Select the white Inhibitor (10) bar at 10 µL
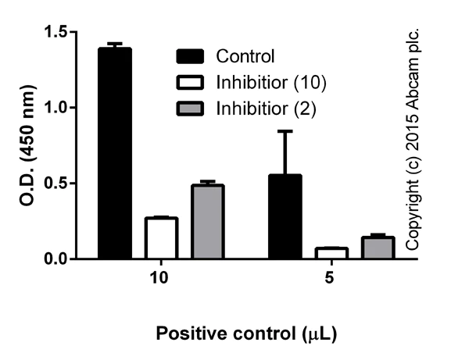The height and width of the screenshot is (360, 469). coord(161,238)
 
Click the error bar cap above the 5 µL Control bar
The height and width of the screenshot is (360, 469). coord(285,131)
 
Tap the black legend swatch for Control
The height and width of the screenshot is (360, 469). coord(192,56)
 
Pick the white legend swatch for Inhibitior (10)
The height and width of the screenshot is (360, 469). coord(192,80)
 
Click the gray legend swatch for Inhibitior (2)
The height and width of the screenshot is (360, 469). coord(192,105)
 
